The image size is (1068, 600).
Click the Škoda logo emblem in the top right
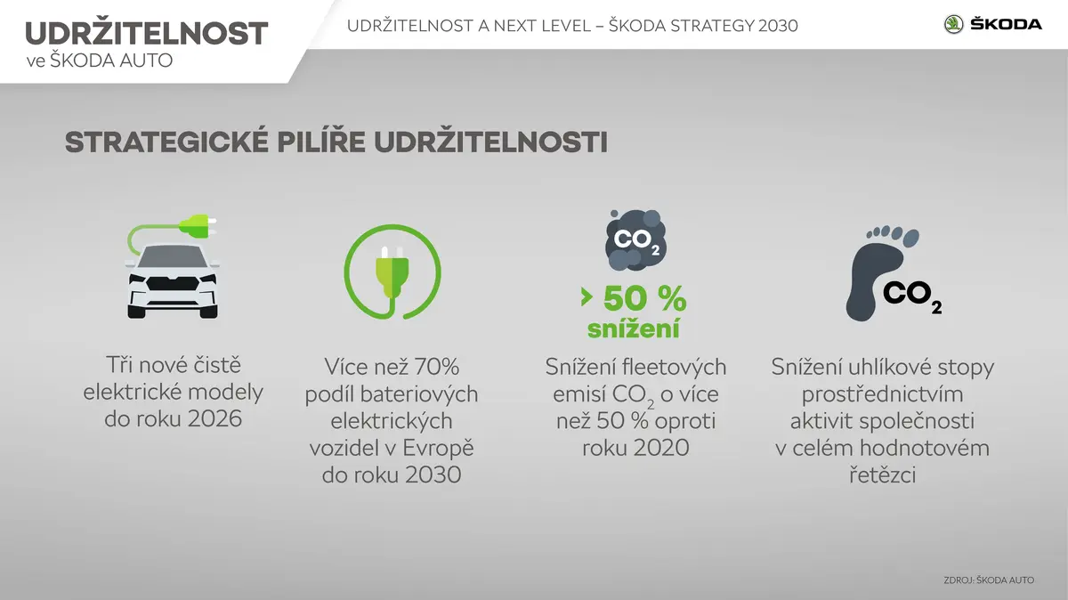[x=953, y=24]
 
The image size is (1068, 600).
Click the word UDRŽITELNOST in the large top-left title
[x=147, y=33]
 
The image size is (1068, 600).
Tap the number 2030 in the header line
[x=778, y=26]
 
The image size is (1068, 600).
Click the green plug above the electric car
[x=196, y=226]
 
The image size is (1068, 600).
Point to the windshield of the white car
[x=173, y=257]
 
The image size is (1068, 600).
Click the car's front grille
[x=173, y=283]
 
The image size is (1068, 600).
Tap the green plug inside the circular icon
[x=392, y=272]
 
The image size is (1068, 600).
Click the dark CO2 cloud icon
[x=635, y=239]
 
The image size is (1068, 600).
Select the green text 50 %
[x=644, y=299]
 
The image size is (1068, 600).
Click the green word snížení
[x=633, y=328]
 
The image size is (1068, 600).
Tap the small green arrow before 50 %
[x=587, y=296]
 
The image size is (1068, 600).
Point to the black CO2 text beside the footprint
[x=911, y=296]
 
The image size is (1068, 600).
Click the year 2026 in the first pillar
[x=214, y=418]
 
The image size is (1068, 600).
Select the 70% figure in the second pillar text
[x=436, y=368]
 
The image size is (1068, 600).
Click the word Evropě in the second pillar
[x=439, y=449]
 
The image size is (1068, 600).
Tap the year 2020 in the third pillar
[x=662, y=448]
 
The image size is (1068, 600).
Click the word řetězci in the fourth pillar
[x=883, y=475]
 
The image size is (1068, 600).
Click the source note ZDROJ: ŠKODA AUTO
[x=989, y=580]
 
